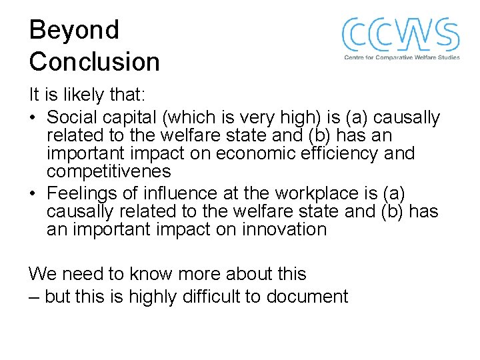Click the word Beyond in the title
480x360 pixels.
(x=74, y=31)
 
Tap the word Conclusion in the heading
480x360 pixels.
(x=94, y=62)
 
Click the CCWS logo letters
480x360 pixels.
(x=401, y=35)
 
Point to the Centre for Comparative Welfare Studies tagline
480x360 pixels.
(x=401, y=58)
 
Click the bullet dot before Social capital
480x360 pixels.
(x=33, y=119)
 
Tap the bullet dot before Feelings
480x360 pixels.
(x=33, y=194)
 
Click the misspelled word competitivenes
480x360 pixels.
(x=109, y=171)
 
